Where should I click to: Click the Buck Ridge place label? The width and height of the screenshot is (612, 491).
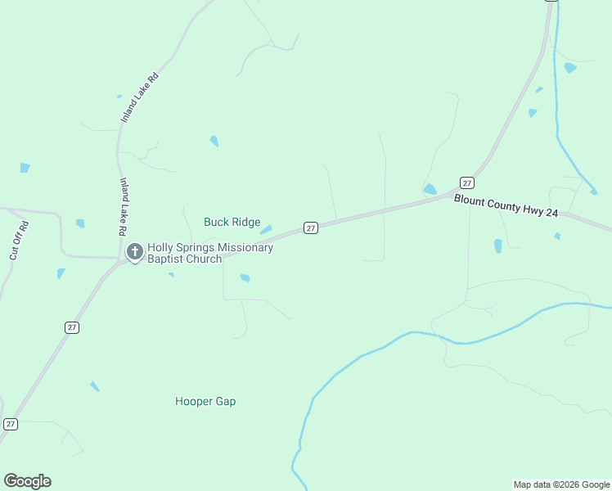click(x=232, y=223)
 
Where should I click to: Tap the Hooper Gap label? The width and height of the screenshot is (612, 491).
click(x=205, y=402)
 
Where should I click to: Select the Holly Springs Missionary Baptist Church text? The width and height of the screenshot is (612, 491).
click(x=209, y=253)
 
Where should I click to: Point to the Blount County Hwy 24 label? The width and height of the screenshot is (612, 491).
click(x=506, y=205)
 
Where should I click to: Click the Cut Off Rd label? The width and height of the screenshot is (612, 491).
click(x=19, y=241)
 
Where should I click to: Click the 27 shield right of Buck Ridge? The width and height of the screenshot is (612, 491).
click(x=311, y=227)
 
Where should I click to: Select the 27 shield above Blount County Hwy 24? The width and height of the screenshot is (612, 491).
click(x=466, y=182)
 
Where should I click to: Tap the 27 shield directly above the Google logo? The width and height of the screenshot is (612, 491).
click(x=11, y=424)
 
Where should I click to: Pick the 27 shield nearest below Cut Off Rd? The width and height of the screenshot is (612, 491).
click(x=72, y=327)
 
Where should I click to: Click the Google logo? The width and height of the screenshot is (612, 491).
click(x=27, y=481)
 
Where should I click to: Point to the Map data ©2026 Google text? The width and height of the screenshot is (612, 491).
click(x=561, y=484)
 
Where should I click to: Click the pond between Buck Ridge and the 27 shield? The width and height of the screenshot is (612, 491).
click(x=267, y=229)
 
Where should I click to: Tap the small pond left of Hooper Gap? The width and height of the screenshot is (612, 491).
click(x=95, y=386)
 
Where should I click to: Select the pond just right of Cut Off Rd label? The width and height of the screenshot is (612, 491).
click(x=80, y=223)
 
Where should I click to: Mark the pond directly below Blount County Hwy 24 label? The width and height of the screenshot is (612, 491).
click(x=497, y=245)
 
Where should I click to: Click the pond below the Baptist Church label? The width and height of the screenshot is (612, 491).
click(x=245, y=278)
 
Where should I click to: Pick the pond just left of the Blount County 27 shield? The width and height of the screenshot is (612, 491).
click(x=430, y=190)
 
